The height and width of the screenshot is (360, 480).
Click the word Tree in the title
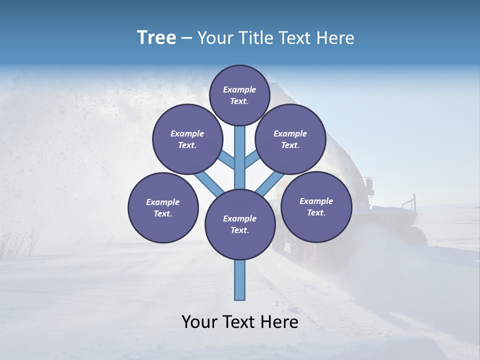click(x=156, y=37)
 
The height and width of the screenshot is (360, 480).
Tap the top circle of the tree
click(x=240, y=95)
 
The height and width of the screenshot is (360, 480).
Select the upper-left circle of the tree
click(x=187, y=139)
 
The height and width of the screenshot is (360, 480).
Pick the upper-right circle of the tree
click(x=290, y=139)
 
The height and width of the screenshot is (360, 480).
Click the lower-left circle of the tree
click(x=163, y=207)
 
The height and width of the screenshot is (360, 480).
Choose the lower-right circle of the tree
click(x=316, y=206)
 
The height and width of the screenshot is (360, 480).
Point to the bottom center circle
click(x=240, y=224)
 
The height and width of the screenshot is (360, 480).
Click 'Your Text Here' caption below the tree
click(x=240, y=322)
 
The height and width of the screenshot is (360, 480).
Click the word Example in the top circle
click(x=239, y=90)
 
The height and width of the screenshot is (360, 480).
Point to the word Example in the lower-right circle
click(x=316, y=201)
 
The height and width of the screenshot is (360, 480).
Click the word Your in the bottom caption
click(x=199, y=322)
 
